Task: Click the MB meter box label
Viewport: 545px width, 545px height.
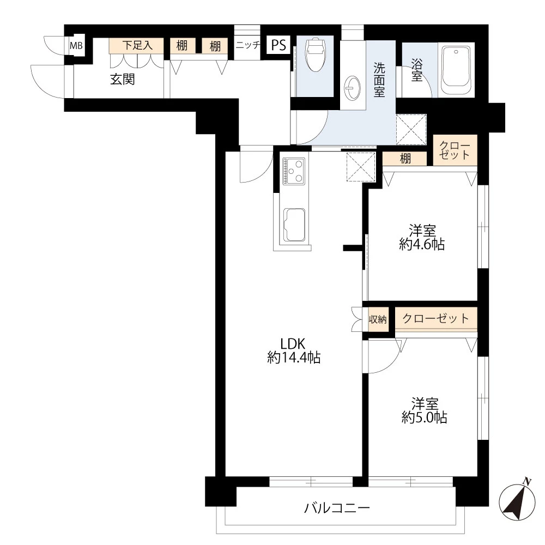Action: click(x=76, y=45)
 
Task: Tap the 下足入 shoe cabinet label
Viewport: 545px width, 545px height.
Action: click(x=137, y=45)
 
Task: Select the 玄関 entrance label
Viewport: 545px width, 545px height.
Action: click(x=122, y=80)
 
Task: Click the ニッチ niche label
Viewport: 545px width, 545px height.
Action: click(x=248, y=45)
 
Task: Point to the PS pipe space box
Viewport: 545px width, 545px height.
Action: click(x=278, y=45)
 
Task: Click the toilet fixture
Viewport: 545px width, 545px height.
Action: click(x=315, y=55)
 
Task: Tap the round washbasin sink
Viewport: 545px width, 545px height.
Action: click(x=352, y=88)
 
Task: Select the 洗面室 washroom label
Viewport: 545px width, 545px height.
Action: click(x=379, y=80)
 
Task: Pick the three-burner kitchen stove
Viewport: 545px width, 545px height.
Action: click(x=294, y=171)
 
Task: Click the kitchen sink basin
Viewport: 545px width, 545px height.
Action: click(x=294, y=225)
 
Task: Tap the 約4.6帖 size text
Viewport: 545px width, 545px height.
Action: click(x=422, y=244)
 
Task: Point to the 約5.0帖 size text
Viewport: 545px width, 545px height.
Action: click(x=425, y=417)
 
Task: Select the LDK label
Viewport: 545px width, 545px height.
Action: click(x=293, y=344)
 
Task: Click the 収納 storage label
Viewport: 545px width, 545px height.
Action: click(x=378, y=319)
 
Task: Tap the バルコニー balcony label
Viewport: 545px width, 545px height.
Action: click(x=337, y=508)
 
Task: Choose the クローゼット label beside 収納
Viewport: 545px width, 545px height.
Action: click(x=435, y=318)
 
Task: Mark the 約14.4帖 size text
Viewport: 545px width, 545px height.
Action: click(x=294, y=358)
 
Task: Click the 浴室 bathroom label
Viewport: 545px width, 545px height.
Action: click(x=417, y=70)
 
